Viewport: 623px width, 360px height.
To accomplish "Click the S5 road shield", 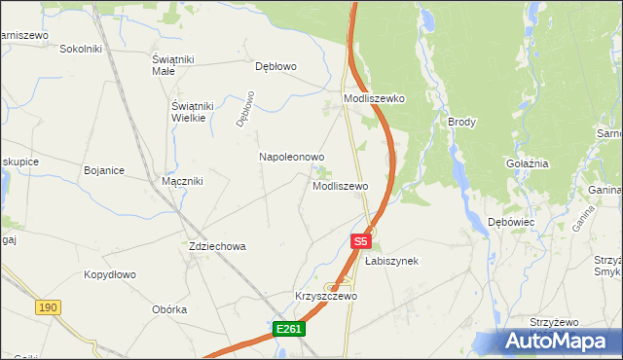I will pyautogui.click(x=361, y=239).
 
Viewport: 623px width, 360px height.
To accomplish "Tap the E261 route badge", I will pyautogui.click(x=289, y=330).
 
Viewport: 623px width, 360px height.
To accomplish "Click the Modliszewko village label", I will pyautogui.click(x=374, y=99).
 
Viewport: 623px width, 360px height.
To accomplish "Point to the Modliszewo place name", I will pyautogui.click(x=340, y=186).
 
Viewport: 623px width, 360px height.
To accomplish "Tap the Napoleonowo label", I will pyautogui.click(x=291, y=157).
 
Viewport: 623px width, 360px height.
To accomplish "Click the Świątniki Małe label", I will pyautogui.click(x=176, y=64).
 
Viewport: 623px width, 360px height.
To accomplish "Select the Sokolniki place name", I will pyautogui.click(x=81, y=49).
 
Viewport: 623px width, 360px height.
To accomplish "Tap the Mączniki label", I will pyautogui.click(x=181, y=181).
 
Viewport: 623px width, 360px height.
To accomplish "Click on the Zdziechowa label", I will pyautogui.click(x=217, y=247).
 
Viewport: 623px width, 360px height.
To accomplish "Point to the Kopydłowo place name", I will pyautogui.click(x=109, y=275).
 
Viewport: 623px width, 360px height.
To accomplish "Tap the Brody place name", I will pyautogui.click(x=461, y=122).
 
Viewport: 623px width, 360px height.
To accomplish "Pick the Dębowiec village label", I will pyautogui.click(x=511, y=222).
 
